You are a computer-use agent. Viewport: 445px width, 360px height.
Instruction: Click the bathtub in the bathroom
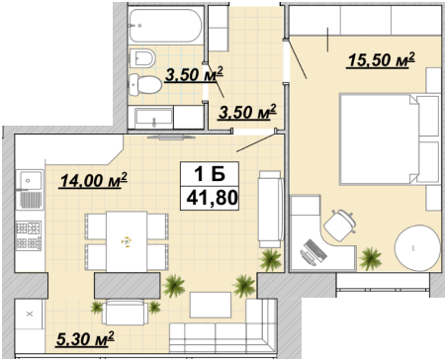[x=165, y=26]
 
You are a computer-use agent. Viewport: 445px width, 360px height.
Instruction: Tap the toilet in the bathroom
[x=145, y=84]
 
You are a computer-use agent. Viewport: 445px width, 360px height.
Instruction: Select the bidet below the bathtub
[x=142, y=58]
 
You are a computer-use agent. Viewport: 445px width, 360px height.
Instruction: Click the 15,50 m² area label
[x=382, y=60]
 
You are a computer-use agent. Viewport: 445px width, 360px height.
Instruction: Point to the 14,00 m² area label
[x=93, y=181]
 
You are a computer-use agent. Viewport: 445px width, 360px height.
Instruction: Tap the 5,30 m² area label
[x=85, y=339]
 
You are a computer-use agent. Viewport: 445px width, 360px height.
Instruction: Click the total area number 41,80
[x=212, y=198]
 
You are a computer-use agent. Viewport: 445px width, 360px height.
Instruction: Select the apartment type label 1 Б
[x=210, y=174]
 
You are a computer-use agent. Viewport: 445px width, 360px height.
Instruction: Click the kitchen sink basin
[x=30, y=181]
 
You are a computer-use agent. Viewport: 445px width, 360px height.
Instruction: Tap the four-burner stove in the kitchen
[x=29, y=235]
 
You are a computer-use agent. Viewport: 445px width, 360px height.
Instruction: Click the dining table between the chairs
[x=127, y=241]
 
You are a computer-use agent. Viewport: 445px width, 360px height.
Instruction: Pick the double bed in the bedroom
[x=390, y=139]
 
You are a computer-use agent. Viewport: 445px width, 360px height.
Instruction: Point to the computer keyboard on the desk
[x=315, y=249]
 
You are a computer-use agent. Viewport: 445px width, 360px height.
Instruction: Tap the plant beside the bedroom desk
[x=370, y=258]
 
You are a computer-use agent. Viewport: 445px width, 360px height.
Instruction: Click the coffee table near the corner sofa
[x=211, y=305]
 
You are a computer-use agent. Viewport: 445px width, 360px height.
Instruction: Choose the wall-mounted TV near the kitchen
[x=170, y=137]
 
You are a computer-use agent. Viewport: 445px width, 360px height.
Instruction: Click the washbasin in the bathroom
[x=154, y=118]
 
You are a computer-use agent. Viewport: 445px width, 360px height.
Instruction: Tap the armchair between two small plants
[x=125, y=312]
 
